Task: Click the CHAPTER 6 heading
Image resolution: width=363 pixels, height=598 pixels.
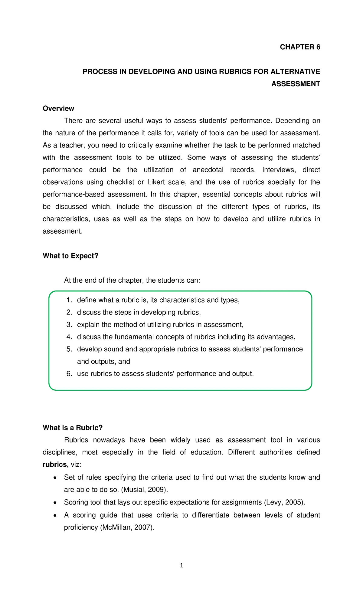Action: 300,47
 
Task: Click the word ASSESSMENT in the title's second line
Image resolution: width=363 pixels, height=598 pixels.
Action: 296,84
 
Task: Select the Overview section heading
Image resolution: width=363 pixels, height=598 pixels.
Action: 58,108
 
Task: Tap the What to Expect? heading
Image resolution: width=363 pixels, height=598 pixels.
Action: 70,256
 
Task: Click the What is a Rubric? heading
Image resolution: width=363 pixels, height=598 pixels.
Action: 73,428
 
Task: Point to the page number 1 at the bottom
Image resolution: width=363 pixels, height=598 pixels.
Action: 181,565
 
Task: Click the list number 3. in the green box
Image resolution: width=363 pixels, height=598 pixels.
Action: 69,325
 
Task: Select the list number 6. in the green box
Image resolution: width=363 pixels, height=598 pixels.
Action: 69,374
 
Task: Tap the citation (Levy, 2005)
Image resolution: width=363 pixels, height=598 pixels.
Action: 284,502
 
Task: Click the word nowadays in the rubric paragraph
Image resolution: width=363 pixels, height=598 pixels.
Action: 108,440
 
